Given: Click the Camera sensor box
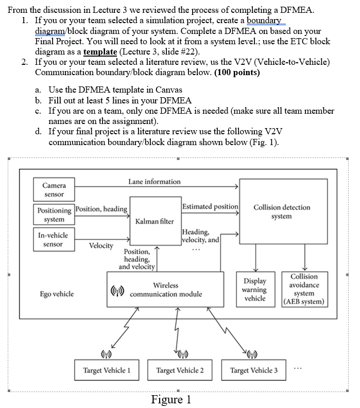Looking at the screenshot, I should (x=54, y=189).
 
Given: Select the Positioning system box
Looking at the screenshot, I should (x=54, y=215).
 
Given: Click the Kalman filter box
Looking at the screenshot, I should (x=155, y=221).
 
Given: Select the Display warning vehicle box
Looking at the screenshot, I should (x=255, y=290).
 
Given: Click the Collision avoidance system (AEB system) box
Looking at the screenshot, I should (x=304, y=289).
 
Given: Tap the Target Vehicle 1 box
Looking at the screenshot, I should (x=107, y=370).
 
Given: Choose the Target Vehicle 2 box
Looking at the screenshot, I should (x=180, y=370).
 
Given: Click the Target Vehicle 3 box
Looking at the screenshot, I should (x=254, y=370).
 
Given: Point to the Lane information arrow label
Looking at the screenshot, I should (x=155, y=182).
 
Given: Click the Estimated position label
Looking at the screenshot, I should (x=210, y=206).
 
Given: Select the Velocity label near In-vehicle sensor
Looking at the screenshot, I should (x=101, y=245).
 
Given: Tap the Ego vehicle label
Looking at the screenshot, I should (x=57, y=294).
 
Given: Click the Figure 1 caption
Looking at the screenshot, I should (x=172, y=400).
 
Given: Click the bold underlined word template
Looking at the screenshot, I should (x=100, y=52).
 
